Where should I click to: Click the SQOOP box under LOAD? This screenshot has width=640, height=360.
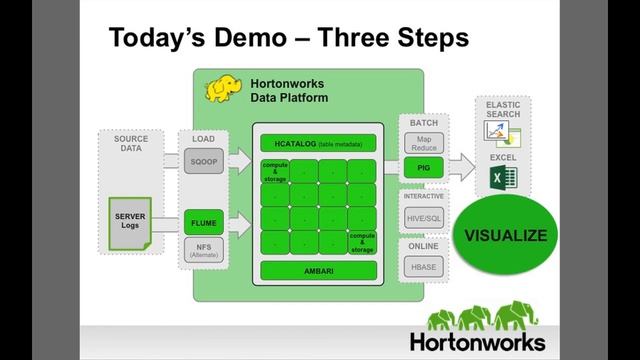(205, 162)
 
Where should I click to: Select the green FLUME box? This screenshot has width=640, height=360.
(205, 223)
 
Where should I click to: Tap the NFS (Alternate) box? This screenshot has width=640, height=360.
(205, 251)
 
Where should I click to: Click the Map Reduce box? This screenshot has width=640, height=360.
(424, 144)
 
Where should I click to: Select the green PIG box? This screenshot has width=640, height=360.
(424, 170)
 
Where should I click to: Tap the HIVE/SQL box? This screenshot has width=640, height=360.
(424, 217)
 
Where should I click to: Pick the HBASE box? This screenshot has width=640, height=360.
(424, 266)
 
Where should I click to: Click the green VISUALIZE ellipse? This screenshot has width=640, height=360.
(506, 236)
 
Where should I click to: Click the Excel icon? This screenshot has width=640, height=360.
(502, 179)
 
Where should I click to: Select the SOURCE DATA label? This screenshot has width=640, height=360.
(130, 143)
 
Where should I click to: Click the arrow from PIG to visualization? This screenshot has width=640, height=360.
(460, 165)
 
